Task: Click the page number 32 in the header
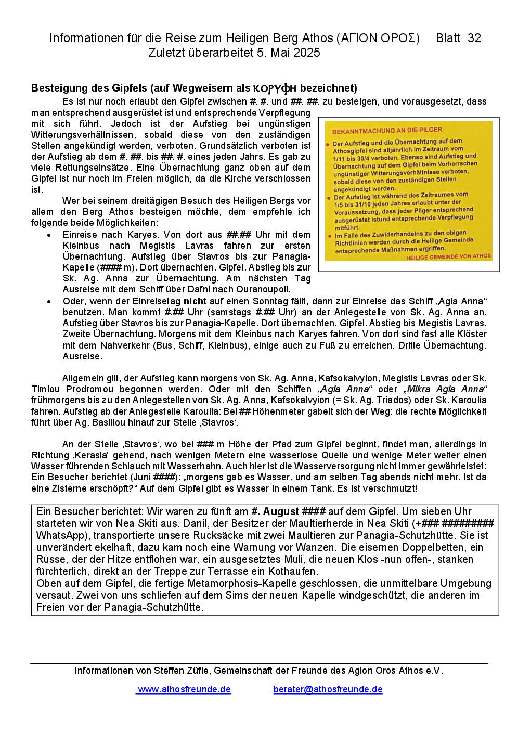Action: pos(474,38)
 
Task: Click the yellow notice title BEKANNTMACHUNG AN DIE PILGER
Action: pos(387,131)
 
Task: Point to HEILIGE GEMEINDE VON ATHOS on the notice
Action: pos(448,256)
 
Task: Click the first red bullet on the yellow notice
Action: pos(328,144)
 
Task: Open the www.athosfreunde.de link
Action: pos(184,689)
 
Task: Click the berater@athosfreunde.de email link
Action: pos(328,689)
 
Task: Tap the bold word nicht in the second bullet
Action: pos(195,301)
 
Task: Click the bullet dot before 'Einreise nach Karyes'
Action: pos(49,235)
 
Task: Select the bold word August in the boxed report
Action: pos(281,512)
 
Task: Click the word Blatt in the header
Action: pos(448,38)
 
